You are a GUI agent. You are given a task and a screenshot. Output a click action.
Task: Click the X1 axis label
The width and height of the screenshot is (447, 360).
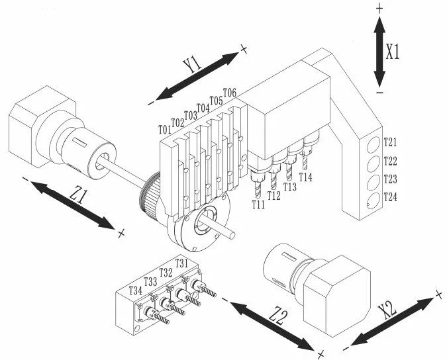click(x=393, y=52)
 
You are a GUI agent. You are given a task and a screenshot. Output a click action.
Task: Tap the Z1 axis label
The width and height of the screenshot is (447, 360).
click(x=78, y=196)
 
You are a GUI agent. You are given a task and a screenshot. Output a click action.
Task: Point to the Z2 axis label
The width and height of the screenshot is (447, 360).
click(x=277, y=317)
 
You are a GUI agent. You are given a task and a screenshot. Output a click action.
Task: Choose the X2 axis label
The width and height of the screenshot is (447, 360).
click(x=387, y=310)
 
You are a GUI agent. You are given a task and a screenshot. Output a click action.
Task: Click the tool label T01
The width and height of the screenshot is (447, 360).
click(x=165, y=130)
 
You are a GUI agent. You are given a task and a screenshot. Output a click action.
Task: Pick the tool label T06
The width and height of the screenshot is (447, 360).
click(x=230, y=93)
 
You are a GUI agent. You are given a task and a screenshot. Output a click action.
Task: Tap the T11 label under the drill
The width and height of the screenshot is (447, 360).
click(x=258, y=204)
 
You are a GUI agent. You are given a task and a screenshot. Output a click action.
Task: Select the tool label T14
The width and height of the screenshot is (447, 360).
click(x=305, y=177)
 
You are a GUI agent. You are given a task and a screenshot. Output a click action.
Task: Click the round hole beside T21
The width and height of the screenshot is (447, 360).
click(x=373, y=145)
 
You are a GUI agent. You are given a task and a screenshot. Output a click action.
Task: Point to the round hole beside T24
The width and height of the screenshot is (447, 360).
click(x=373, y=201)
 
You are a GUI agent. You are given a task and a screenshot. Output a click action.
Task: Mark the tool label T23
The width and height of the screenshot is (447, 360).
click(x=390, y=179)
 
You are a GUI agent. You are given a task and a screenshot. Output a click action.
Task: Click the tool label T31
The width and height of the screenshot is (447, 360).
click(x=181, y=263)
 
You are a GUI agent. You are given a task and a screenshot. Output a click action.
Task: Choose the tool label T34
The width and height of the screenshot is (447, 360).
click(x=135, y=291)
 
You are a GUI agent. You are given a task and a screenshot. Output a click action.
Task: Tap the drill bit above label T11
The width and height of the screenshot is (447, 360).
click(x=258, y=189)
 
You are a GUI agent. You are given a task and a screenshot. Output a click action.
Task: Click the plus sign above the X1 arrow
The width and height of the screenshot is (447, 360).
click(x=379, y=9)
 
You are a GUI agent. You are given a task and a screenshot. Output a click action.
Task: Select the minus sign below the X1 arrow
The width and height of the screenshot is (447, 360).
click(x=379, y=92)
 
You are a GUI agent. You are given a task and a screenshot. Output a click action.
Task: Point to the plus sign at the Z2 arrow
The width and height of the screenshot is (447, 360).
click(x=321, y=354)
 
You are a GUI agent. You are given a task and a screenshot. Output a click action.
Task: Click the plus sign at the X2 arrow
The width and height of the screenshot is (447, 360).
click(x=439, y=294)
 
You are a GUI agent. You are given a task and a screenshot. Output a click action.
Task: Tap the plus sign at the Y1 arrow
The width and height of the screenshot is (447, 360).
click(x=244, y=49)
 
